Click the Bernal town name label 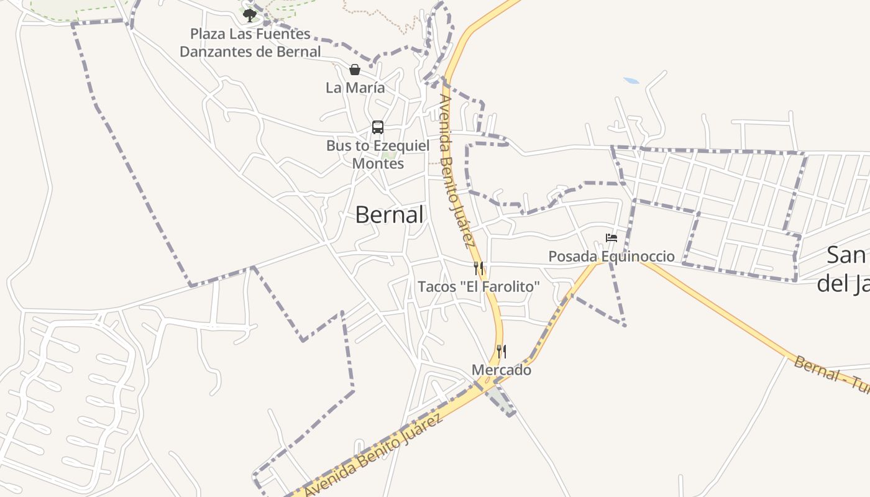(x=390, y=215)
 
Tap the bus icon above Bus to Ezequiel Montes (x=377, y=127)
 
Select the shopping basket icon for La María (x=355, y=70)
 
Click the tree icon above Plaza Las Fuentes (x=250, y=15)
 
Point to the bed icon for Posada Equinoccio (x=611, y=238)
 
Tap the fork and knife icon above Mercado (x=501, y=352)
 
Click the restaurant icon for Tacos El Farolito (x=478, y=268)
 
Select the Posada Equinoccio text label (x=611, y=256)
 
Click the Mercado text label (x=501, y=370)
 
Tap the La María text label (x=355, y=88)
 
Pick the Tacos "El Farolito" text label (x=478, y=287)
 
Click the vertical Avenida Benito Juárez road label (x=457, y=171)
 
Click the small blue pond (x=631, y=81)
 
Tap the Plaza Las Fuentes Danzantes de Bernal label (x=250, y=43)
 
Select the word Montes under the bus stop (x=378, y=163)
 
